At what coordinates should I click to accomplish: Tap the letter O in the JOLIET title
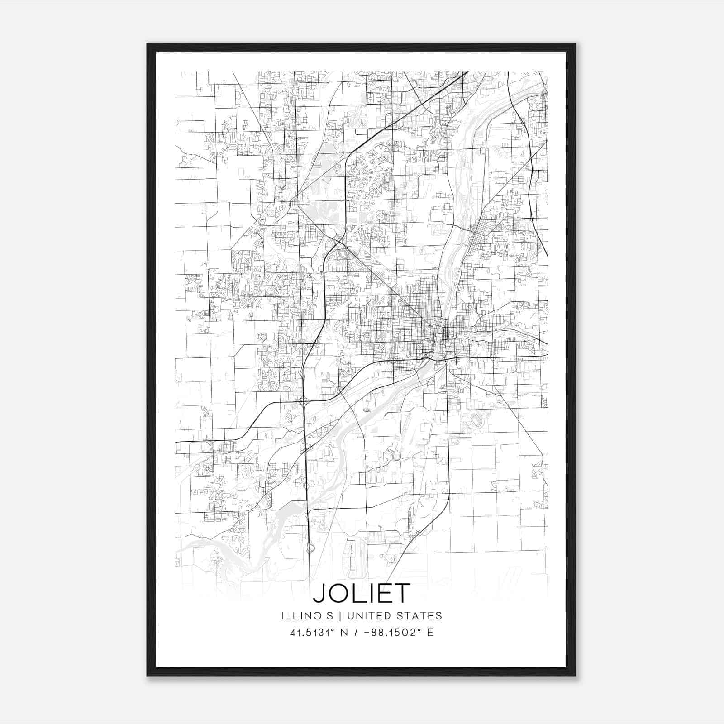click(340, 593)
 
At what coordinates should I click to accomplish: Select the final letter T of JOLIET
click(403, 593)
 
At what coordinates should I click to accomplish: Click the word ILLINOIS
click(307, 616)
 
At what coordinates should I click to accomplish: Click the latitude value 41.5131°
click(310, 633)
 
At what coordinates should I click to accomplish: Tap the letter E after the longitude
click(430, 633)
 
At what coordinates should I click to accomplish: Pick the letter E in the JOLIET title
click(386, 593)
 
